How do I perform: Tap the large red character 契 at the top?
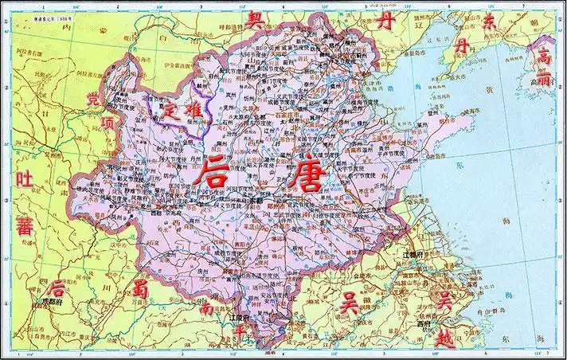[256, 19]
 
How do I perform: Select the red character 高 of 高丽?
[544, 57]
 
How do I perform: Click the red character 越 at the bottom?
[446, 339]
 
